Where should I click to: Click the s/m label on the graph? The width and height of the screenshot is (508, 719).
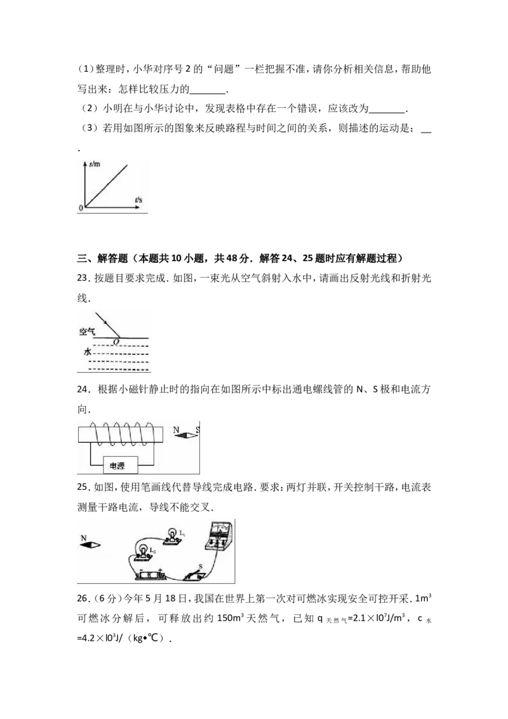[95, 164]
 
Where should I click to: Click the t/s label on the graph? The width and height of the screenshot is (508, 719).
[138, 199]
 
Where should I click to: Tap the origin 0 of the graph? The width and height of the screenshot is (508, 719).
[81, 208]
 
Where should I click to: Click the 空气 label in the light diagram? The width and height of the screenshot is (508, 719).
[87, 331]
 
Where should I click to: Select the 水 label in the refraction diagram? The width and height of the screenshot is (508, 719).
[88, 352]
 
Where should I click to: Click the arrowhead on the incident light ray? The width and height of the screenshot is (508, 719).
[106, 323]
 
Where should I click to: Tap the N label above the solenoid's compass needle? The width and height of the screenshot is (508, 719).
[176, 429]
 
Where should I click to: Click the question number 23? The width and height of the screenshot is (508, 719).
[82, 278]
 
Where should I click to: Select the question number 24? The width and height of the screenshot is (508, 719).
[82, 389]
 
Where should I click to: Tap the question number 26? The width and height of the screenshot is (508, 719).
[82, 598]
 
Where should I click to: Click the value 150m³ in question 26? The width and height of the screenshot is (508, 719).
[229, 617]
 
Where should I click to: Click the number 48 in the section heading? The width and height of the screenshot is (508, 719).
[232, 258]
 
